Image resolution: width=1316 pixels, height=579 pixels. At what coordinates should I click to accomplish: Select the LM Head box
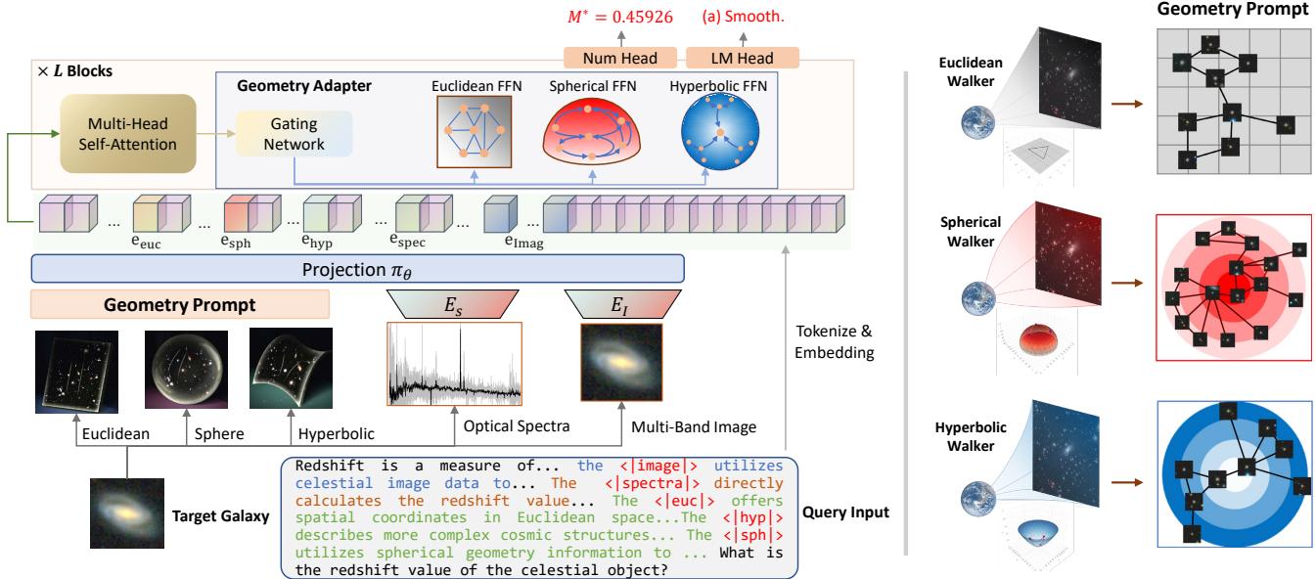730,58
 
